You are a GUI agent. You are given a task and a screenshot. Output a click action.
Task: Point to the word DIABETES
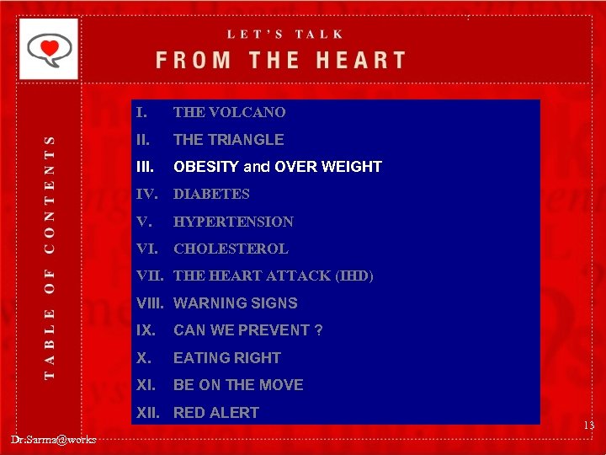pos(211,194)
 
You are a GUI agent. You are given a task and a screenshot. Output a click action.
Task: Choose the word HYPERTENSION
pos(233,222)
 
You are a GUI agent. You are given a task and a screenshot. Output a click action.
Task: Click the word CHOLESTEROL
pos(231,249)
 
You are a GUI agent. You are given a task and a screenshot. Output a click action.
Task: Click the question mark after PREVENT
pos(318,330)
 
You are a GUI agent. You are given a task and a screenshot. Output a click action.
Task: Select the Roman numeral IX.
pos(144,330)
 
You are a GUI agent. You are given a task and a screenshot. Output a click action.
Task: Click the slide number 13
pos(587,426)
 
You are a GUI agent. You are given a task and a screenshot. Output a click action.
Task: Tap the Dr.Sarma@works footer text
pos(54,439)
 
